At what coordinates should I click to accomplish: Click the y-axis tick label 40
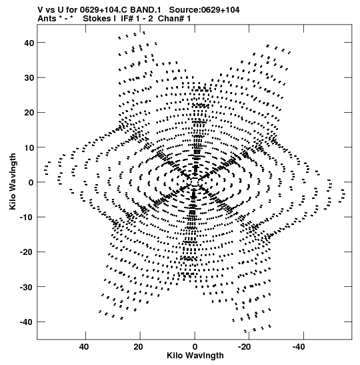pos(29,43)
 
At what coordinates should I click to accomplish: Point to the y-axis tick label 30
pos(29,78)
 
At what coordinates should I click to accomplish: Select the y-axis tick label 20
pos(29,113)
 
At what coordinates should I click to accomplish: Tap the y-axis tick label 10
pos(29,147)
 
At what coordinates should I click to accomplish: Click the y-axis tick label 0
pos(31,183)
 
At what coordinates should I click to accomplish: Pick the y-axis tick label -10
pos(27,218)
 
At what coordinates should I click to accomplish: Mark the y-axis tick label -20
pos(27,252)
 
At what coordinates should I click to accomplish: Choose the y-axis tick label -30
pos(27,287)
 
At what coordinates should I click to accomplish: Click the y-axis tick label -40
pos(27,322)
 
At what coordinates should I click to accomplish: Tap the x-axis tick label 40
pos(84,347)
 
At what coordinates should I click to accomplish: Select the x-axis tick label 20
pos(139,347)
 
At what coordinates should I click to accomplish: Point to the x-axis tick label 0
pos(195,347)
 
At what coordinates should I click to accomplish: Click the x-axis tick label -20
pos(245,347)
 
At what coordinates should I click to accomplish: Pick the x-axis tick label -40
pos(299,347)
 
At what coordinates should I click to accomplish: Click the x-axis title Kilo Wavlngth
pos(195,356)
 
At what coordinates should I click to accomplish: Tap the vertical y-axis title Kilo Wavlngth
pos(13,181)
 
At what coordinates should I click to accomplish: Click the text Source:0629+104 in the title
pos(204,10)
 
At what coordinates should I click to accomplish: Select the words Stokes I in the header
pos(99,19)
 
